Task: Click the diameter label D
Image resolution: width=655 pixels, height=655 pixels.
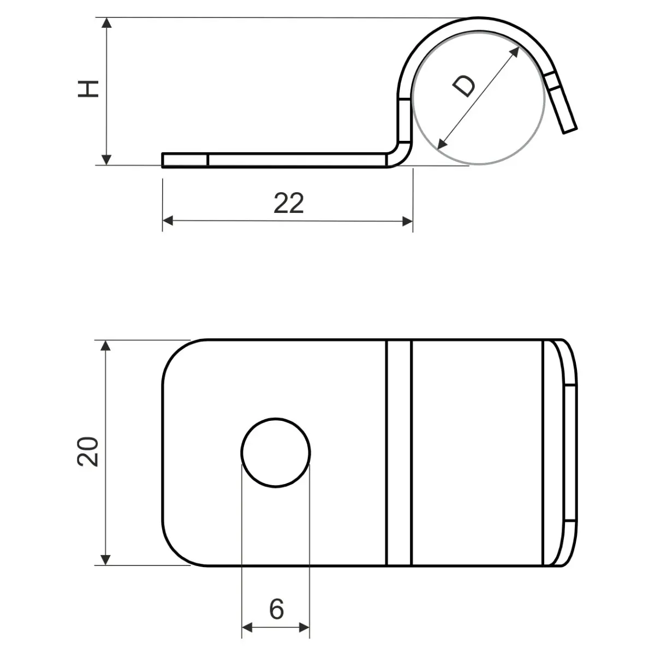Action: pyautogui.click(x=465, y=86)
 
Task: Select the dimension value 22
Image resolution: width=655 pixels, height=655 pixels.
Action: pyautogui.click(x=288, y=203)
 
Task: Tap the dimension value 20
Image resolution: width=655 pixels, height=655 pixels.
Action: pyautogui.click(x=88, y=451)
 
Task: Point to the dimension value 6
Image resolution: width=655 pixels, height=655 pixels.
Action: pyautogui.click(x=277, y=609)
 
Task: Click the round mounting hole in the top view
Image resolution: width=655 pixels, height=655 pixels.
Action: pyautogui.click(x=276, y=452)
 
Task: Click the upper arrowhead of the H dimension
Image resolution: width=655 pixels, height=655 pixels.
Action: pyautogui.click(x=107, y=23)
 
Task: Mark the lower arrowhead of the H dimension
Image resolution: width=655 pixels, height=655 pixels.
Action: pyautogui.click(x=107, y=159)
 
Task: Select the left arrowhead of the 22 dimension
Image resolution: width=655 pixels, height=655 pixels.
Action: pyautogui.click(x=168, y=221)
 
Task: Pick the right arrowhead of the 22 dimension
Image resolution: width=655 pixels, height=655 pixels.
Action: pyautogui.click(x=407, y=221)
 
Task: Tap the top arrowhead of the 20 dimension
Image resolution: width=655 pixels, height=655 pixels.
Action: pyautogui.click(x=106, y=346)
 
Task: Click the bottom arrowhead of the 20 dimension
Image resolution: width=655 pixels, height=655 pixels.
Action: pyautogui.click(x=106, y=559)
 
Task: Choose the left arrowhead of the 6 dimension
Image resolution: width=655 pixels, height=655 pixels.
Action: pyautogui.click(x=247, y=627)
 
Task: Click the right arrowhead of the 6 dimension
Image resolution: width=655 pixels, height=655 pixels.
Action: pyautogui.click(x=305, y=627)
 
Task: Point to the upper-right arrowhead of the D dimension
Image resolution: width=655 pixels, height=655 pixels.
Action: pyautogui.click(x=515, y=51)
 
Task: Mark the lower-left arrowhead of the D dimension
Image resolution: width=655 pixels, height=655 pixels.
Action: pyautogui.click(x=442, y=145)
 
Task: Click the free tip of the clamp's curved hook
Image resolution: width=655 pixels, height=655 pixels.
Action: pyautogui.click(x=569, y=128)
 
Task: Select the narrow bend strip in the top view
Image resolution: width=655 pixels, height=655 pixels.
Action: pyautogui.click(x=399, y=452)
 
